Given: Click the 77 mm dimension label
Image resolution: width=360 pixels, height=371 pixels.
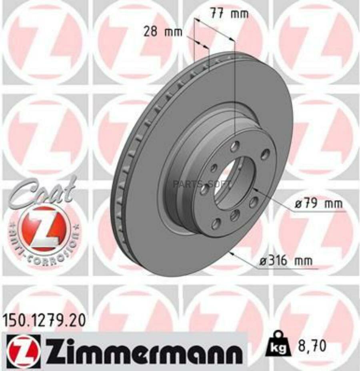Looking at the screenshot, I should tap(229, 14).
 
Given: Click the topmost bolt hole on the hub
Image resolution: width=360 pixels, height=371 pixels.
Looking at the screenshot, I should tap(235, 146).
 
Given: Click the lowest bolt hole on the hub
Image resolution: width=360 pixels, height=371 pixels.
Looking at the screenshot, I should tap(216, 223).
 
